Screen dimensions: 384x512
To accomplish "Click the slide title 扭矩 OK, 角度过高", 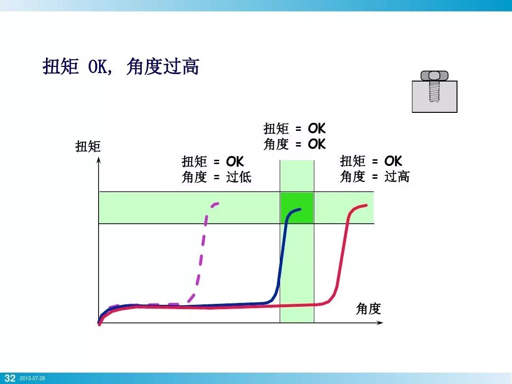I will pos(121,66).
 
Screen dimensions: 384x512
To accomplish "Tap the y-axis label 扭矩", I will pos(88,146).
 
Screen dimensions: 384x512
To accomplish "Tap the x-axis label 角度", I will pos(368,309).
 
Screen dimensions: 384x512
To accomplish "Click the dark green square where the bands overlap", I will pos(297,208).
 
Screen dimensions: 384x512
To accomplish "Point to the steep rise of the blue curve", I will pos(282,256).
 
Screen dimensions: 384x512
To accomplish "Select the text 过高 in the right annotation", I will pos(397,177).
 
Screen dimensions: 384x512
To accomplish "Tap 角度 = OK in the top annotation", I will pos(294,144).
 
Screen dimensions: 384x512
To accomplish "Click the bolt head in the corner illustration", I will pos(434,75).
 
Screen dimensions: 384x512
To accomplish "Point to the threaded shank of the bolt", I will pos(434,92).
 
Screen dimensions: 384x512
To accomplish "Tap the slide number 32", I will pos(9,378).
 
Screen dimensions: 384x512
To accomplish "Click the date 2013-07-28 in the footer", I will pos(32,378).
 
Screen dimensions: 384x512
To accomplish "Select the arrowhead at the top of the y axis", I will pos(99,159).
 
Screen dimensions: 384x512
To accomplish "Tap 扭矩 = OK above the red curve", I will pos(371,161).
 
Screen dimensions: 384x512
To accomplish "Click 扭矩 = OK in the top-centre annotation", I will pos(294,128).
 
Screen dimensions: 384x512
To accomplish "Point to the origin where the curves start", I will pos(99,323).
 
